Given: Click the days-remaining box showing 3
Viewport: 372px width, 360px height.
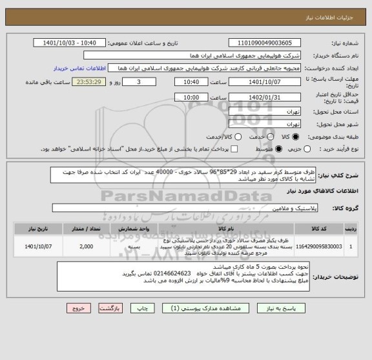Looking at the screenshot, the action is click(139, 83).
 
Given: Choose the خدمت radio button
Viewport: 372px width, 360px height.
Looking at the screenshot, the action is click(265, 136).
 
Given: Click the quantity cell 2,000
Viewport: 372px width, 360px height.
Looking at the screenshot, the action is click(85, 246).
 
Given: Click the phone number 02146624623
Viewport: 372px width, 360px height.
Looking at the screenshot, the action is click(168, 274).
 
